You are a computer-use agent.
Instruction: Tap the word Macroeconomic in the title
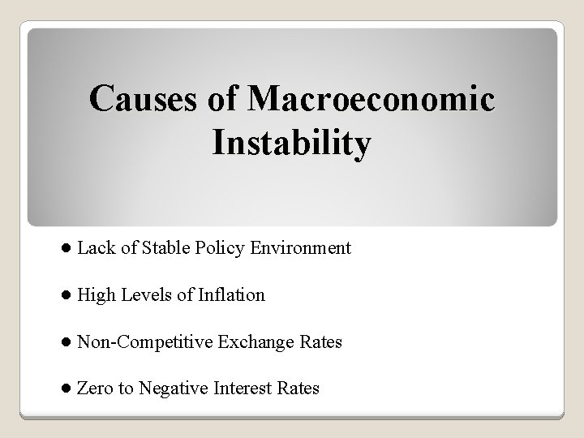click(x=372, y=100)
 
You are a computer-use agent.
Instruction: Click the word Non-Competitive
click(x=144, y=342)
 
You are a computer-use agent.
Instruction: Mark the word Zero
click(x=94, y=389)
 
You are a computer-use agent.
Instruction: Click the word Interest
click(x=243, y=389)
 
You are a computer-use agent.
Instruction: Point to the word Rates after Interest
click(x=298, y=389)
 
